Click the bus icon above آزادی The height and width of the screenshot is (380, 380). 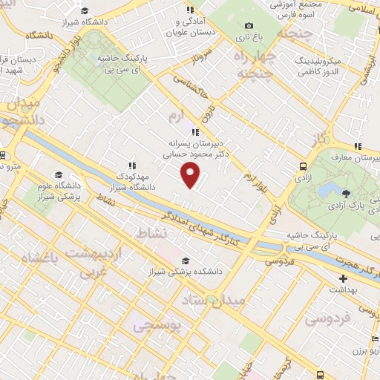303,167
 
